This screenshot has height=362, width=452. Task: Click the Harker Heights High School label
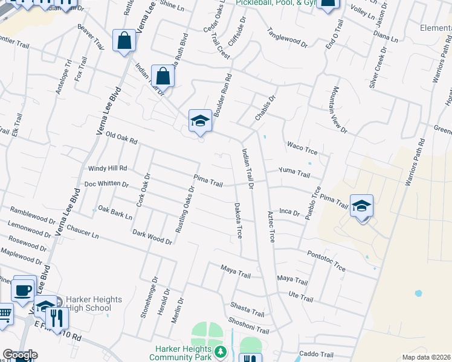tap(85, 303)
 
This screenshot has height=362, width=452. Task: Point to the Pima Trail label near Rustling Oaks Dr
tap(208, 179)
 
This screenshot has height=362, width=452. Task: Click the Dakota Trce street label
tap(238, 220)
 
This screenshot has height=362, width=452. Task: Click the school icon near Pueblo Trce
tap(361, 206)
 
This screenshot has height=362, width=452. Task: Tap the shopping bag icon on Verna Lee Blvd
tap(124, 41)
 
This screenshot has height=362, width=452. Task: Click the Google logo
tap(20, 355)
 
